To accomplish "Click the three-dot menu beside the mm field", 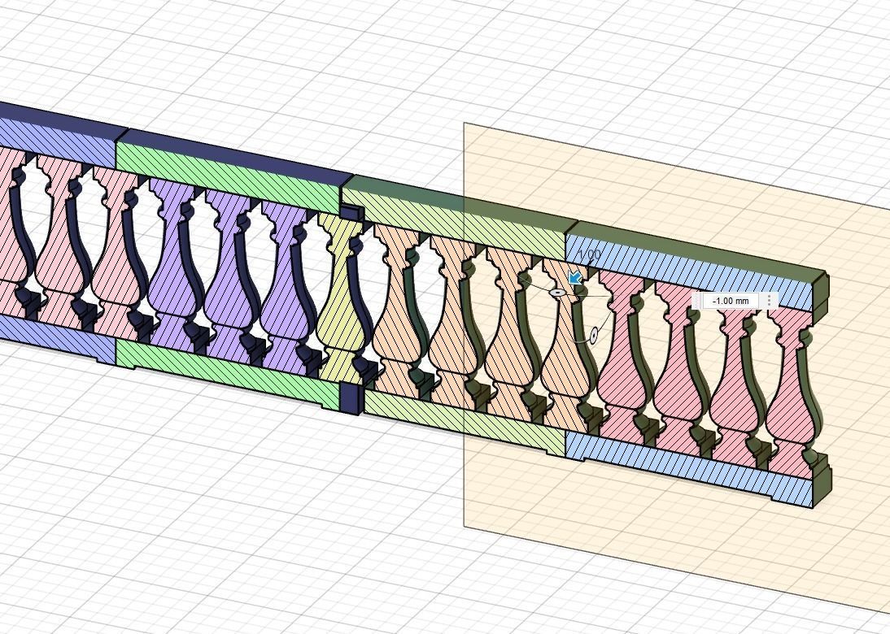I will (769, 301).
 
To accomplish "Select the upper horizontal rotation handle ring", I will (557, 292).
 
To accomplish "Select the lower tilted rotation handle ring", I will (594, 334).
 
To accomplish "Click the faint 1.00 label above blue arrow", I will (591, 255).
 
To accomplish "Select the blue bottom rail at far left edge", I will (49, 338).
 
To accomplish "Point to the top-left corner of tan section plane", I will (465, 124).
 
